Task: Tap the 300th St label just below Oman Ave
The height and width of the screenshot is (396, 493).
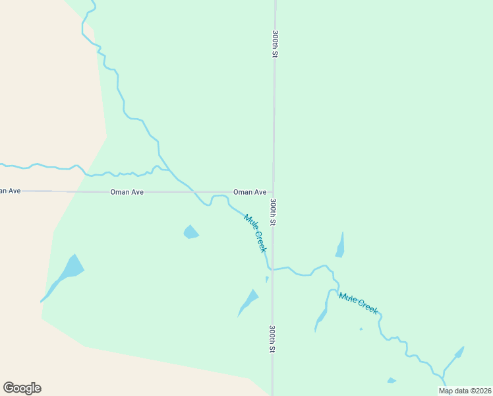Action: coord(273,212)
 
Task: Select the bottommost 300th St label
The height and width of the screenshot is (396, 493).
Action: coord(272,339)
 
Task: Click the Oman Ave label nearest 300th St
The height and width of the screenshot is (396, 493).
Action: coord(250,192)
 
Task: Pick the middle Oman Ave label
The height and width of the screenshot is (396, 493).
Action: coord(127,192)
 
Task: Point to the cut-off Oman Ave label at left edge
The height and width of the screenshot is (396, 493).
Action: coord(10,191)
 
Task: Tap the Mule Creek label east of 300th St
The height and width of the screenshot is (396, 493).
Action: coord(359,302)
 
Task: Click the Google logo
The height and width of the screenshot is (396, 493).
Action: coord(22,388)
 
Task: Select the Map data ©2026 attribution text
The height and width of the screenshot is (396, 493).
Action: coord(465,391)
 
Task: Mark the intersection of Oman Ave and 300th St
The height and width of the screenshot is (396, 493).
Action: coord(274,192)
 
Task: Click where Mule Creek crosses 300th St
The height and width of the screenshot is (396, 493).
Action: coord(273,269)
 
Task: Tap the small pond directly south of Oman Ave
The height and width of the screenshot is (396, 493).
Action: coord(190,232)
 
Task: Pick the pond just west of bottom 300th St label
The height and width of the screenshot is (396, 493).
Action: coord(248,301)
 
